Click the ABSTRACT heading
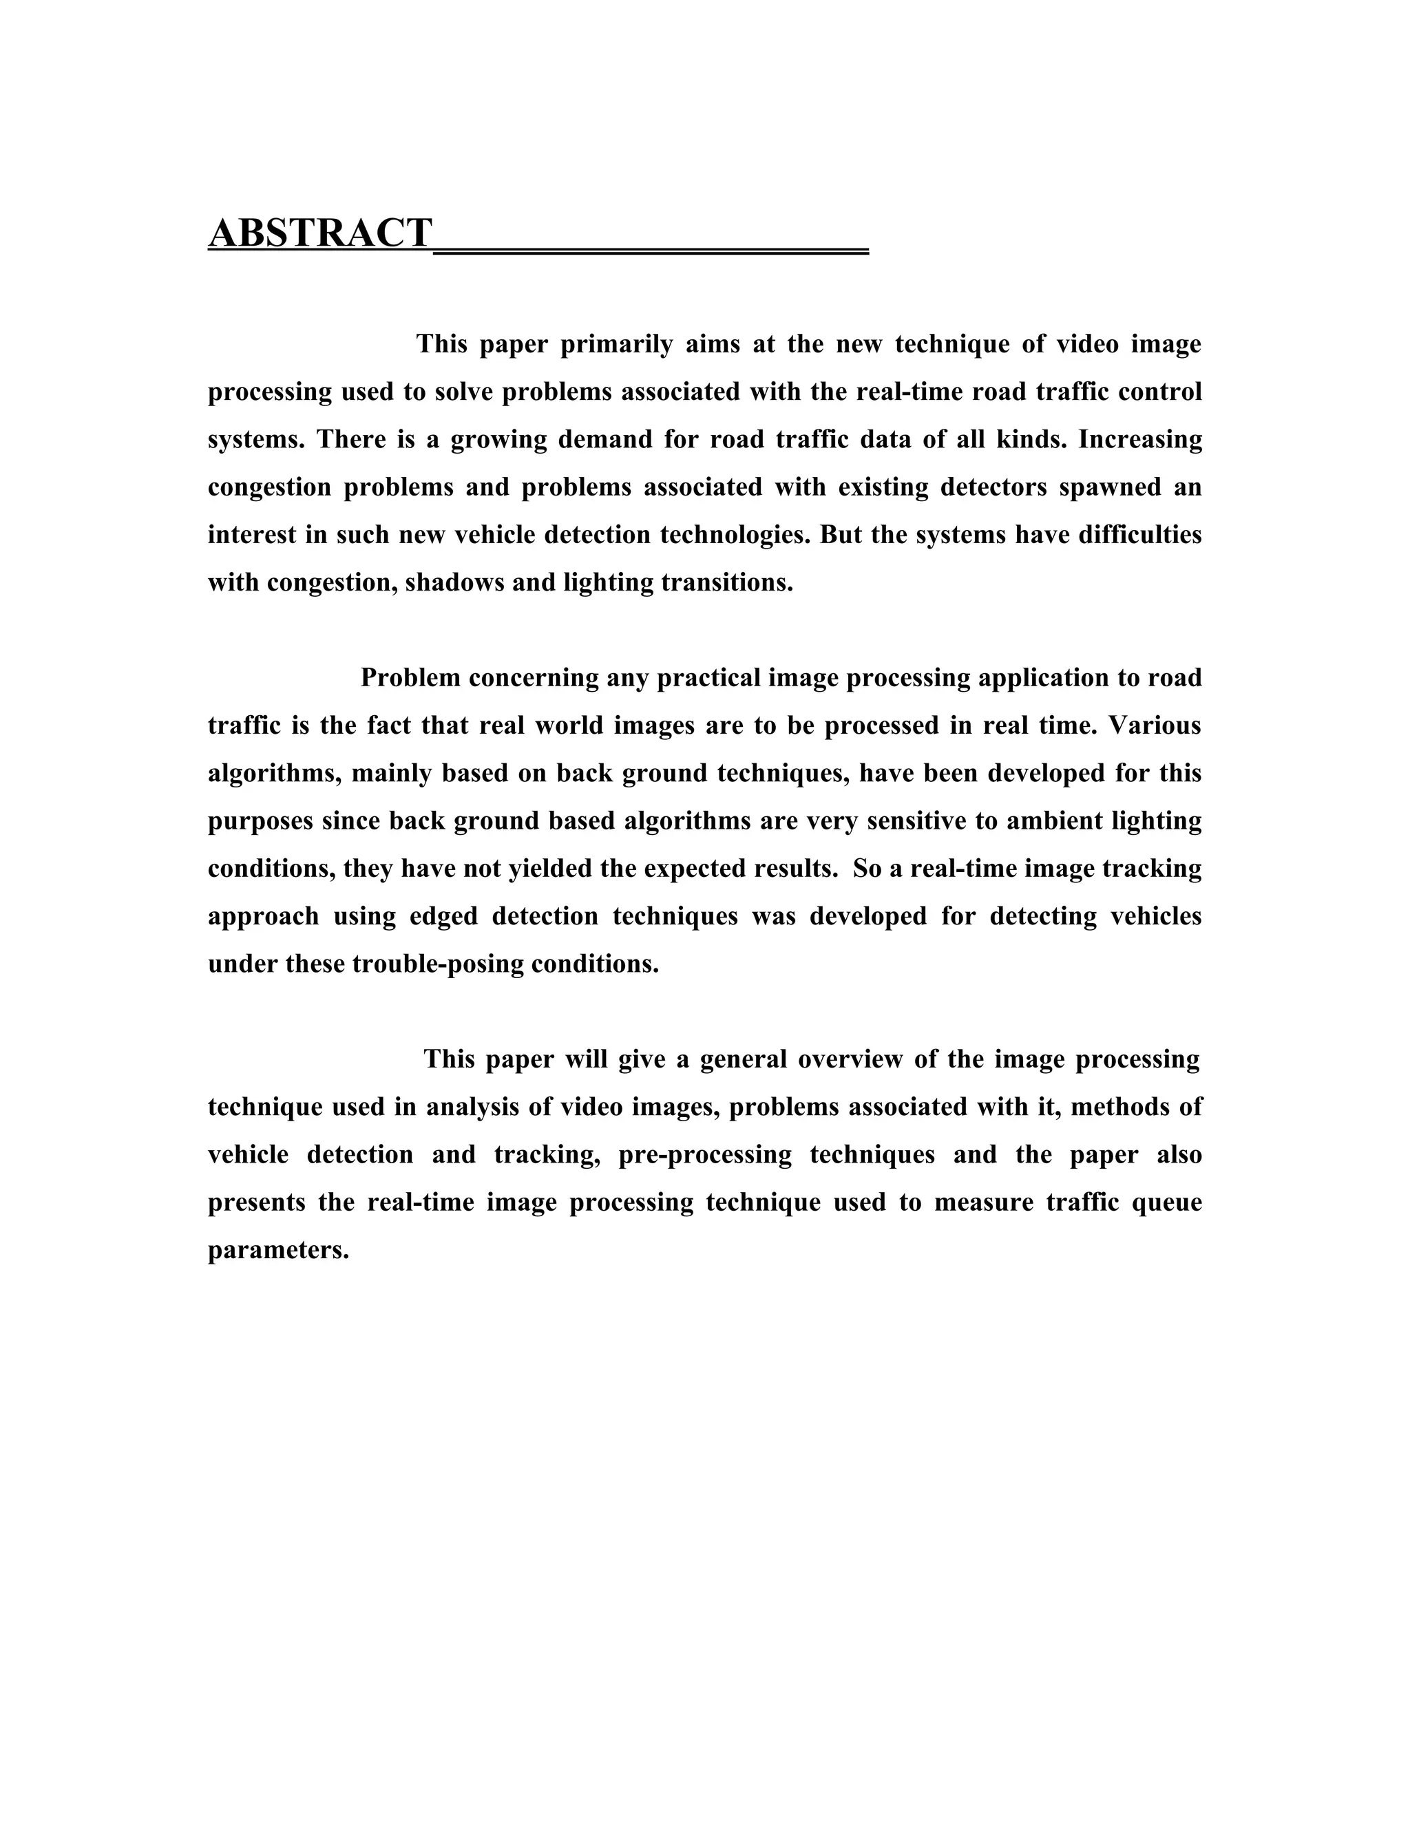[x=320, y=233]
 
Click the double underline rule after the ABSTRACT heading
[x=651, y=250]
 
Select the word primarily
[x=616, y=344]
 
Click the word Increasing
[x=1140, y=439]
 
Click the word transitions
[x=727, y=582]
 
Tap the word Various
[x=1155, y=725]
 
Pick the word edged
[x=443, y=916]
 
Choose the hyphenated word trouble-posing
[x=438, y=964]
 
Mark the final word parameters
[x=277, y=1250]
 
